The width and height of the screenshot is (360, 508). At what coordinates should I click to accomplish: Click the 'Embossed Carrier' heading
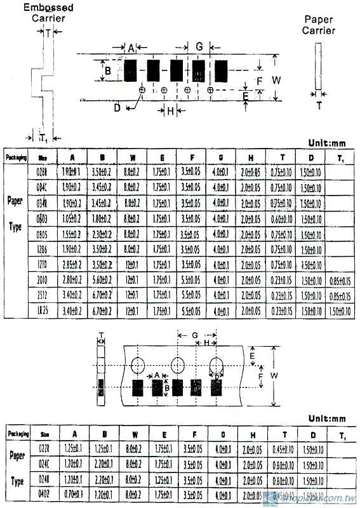tap(49, 13)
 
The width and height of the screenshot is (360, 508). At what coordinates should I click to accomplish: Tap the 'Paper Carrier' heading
tap(317, 25)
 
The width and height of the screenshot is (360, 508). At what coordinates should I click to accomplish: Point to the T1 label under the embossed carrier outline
tap(43, 138)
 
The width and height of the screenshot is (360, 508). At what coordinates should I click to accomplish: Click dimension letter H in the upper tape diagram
tap(171, 111)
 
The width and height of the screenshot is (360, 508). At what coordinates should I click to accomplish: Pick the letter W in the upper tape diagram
tap(276, 80)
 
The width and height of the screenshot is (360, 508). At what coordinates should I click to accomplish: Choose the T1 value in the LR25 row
tap(342, 311)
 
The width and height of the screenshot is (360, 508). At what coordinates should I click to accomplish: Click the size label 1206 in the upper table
tap(43, 249)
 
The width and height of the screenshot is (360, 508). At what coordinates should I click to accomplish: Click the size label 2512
tap(43, 295)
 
